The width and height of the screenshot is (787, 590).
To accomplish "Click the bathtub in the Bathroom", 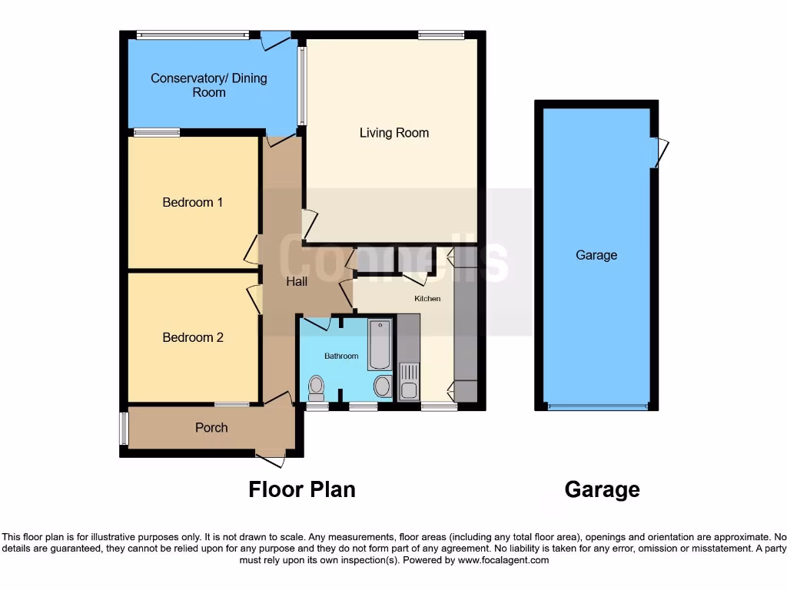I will coord(380,345).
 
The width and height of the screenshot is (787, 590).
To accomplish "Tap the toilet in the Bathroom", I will coord(315,389).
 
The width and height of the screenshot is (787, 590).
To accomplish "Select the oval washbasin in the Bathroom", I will coord(382,387).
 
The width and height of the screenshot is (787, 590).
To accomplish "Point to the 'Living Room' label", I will coord(394,133).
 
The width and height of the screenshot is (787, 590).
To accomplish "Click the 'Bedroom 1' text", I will coord(192,203).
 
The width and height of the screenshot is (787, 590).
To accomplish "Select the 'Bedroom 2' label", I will coord(192,337).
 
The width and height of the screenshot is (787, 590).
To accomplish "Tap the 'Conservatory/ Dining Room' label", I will coord(209,85).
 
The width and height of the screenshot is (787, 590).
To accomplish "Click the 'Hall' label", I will coord(297,282).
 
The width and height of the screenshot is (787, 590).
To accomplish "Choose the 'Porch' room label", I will coord(211,427).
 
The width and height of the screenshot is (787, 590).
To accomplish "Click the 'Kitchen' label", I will coord(428,299).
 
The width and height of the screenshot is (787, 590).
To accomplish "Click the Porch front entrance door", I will coord(271,459).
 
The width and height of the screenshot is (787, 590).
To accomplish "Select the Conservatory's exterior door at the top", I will coord(275,40).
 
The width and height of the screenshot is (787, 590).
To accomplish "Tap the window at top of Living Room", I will coord(441,35).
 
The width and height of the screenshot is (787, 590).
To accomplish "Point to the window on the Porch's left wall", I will coord(124,428).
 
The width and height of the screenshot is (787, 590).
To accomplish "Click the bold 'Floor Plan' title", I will coord(302,489).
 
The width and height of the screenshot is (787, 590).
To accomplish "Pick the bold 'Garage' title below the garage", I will coord(602,489).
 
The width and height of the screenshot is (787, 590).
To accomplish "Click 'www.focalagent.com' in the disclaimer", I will coord(503,560).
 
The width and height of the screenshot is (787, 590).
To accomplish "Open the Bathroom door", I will coord(316,323).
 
